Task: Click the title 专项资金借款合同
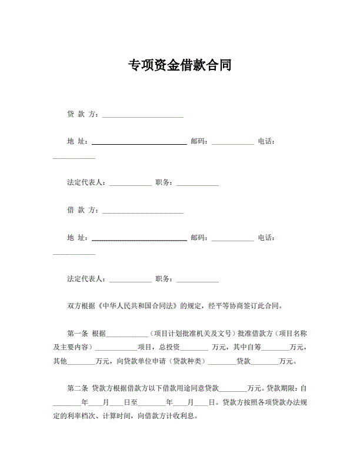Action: click(x=179, y=65)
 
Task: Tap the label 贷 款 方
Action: click(x=83, y=114)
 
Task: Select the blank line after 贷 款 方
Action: click(x=143, y=115)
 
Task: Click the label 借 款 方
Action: click(x=83, y=209)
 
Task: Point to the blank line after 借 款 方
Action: click(x=143, y=211)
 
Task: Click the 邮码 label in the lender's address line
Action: click(x=199, y=141)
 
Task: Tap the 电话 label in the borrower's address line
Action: click(x=266, y=238)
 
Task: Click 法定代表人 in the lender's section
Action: click(x=86, y=182)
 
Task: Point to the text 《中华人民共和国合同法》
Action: click(x=138, y=306)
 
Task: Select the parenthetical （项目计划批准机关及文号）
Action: click(x=192, y=333)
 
